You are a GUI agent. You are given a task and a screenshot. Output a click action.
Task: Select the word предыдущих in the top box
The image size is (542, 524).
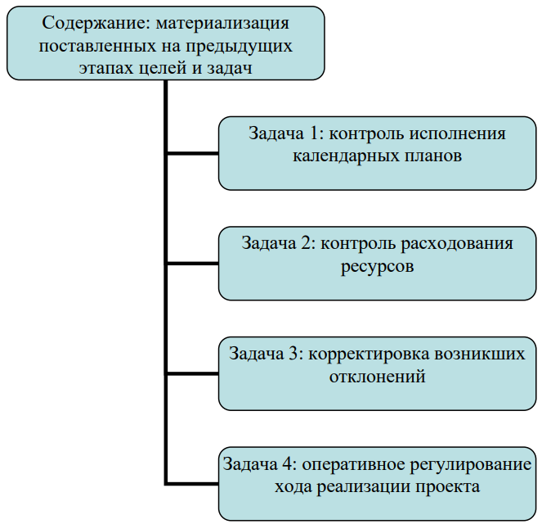pyautogui.click(x=239, y=47)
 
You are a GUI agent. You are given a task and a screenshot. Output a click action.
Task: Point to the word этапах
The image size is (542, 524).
pyautogui.click(x=106, y=68)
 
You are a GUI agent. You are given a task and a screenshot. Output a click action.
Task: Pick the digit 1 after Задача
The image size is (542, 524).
pyautogui.click(x=315, y=133)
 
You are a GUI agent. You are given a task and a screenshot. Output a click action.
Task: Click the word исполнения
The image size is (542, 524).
pyautogui.click(x=457, y=134)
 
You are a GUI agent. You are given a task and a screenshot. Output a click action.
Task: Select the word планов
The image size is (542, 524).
pyautogui.click(x=432, y=156)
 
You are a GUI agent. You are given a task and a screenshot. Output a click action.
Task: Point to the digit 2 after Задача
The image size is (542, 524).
pyautogui.click(x=308, y=243)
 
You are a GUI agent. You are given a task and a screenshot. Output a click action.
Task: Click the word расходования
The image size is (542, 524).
pyautogui.click(x=457, y=245)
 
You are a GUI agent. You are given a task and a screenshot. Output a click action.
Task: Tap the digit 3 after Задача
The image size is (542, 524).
pyautogui.click(x=295, y=354)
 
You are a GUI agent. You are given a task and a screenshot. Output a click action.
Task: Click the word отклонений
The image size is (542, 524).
pyautogui.click(x=377, y=377)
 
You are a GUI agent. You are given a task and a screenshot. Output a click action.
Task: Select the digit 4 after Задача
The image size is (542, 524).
pyautogui.click(x=289, y=464)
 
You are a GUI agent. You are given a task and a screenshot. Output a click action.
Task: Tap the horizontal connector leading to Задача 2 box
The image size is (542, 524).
pyautogui.click(x=193, y=264)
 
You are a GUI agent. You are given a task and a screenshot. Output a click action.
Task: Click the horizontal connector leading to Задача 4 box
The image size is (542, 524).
pyautogui.click(x=193, y=483)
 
